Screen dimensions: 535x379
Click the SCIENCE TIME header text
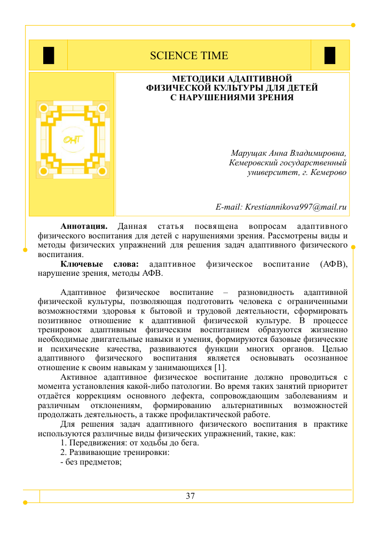[x=189, y=55]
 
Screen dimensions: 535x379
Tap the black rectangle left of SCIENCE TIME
[x=49, y=55]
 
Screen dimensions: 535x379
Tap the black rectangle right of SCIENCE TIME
[x=330, y=55]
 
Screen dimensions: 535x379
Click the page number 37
[x=190, y=496]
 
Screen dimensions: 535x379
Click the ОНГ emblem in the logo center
[x=73, y=140]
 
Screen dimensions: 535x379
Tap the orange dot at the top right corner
[x=353, y=25]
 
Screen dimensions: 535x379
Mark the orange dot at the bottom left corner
[x=26, y=502]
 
